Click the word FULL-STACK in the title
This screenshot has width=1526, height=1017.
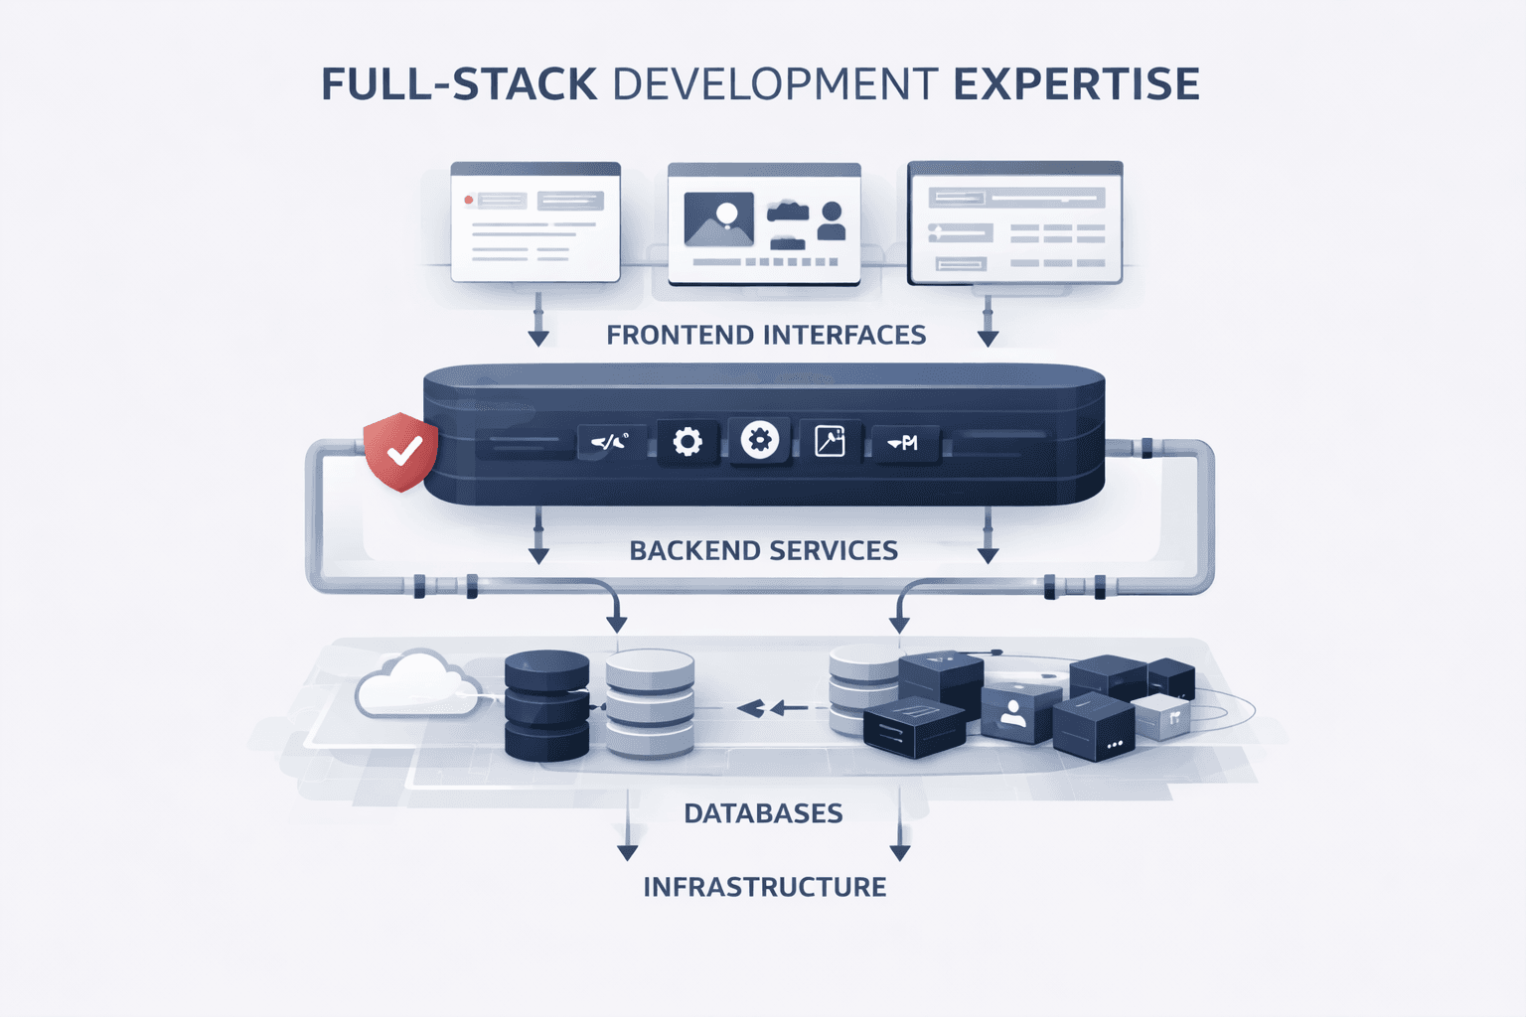(x=459, y=84)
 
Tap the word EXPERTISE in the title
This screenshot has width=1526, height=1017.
(x=1076, y=84)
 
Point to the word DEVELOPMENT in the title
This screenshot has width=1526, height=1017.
(x=775, y=84)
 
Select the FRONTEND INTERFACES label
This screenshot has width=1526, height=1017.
(x=766, y=336)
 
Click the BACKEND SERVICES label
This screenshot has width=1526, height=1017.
(x=763, y=551)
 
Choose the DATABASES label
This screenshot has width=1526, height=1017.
(x=763, y=813)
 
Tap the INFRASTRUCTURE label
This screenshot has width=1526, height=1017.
(x=764, y=887)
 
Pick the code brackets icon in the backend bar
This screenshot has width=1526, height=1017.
(x=610, y=442)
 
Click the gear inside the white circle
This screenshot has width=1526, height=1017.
(x=760, y=440)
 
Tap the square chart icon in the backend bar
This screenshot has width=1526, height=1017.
(x=830, y=440)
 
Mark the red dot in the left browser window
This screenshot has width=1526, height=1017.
(x=469, y=201)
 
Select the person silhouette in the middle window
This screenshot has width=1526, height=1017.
(x=832, y=221)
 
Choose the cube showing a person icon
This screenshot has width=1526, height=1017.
(x=1013, y=712)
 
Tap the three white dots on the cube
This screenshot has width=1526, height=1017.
(x=1114, y=744)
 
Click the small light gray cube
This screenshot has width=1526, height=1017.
(x=1163, y=715)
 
